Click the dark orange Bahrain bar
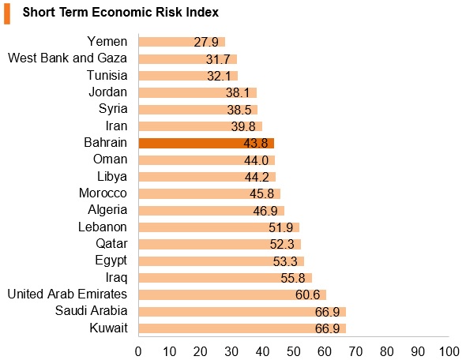[206, 144]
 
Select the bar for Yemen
[182, 42]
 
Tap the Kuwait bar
[242, 328]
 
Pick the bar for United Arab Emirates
[232, 295]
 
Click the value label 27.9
[206, 42]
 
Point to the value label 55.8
[293, 279]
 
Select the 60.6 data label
[307, 295]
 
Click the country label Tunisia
[107, 75]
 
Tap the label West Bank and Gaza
[67, 58]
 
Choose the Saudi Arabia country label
[92, 311]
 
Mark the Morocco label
[103, 193]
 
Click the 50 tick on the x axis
[293, 351]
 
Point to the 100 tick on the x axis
[449, 351]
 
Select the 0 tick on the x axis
[138, 351]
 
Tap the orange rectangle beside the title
[7, 13]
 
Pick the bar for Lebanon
[219, 227]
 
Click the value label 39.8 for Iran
[243, 126]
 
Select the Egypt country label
[111, 261]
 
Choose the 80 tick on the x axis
[387, 351]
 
